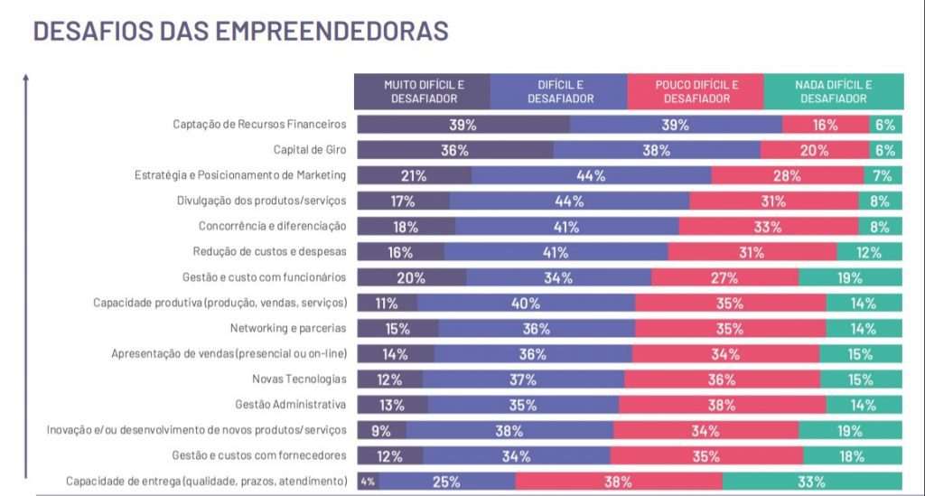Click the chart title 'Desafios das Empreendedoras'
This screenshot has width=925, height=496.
point(240,31)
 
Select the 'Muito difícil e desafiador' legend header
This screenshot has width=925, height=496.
point(423,91)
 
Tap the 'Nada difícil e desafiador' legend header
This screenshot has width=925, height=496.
point(833,91)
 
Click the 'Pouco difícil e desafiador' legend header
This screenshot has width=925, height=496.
point(696,91)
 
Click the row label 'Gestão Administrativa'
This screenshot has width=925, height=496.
point(291,404)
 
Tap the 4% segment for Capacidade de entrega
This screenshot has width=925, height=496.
point(368,482)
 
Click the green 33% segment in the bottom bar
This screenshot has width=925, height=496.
point(812,482)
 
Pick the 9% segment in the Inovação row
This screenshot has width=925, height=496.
point(381,430)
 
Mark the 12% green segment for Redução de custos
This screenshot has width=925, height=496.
point(869,252)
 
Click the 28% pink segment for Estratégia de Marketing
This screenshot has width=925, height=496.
point(774,175)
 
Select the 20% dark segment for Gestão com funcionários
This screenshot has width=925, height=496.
point(411,277)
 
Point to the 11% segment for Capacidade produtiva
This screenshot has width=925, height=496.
point(387,303)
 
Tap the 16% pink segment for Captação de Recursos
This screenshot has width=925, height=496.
point(825,125)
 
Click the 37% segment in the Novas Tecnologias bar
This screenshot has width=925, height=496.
point(522,379)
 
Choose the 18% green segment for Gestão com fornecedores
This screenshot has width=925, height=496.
point(852,456)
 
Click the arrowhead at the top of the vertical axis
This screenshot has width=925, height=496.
point(27,77)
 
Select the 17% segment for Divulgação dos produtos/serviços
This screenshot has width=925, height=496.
point(403,201)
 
